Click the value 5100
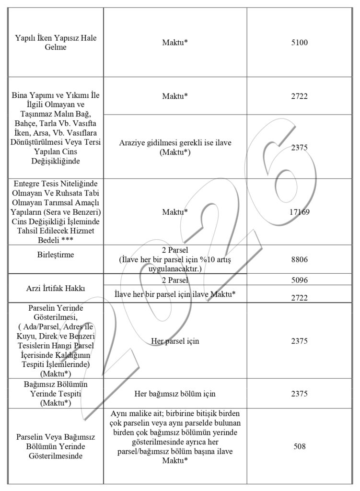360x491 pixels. [299, 42]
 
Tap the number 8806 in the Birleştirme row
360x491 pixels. [299, 259]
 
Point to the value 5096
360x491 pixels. [299, 280]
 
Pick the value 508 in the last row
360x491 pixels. [299, 446]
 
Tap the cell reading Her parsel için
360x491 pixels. [175, 341]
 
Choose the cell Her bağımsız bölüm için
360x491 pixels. [175, 394]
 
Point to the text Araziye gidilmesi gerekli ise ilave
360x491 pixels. [175, 144]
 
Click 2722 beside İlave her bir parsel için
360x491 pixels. [299, 298]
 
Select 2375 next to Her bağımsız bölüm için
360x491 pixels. [299, 394]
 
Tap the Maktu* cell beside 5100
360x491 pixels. [175, 42]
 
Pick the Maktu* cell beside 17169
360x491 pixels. [175, 211]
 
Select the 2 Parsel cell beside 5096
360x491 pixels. [175, 280]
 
